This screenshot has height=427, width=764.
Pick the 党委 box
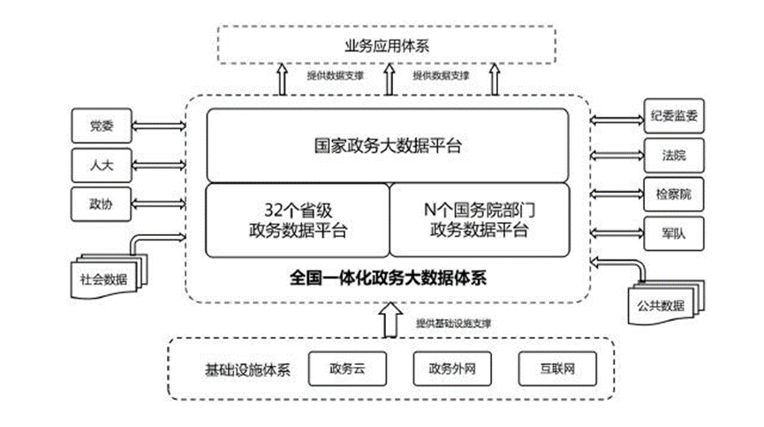click(101, 125)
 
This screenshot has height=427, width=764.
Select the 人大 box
click(101, 164)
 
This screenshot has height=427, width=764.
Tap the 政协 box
click(101, 202)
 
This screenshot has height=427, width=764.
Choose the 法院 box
click(673, 156)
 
